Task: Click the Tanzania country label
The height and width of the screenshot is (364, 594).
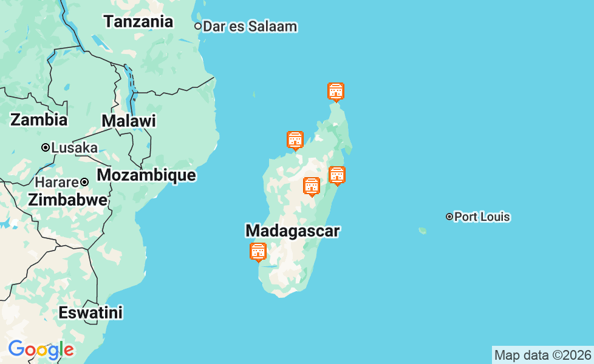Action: point(138,22)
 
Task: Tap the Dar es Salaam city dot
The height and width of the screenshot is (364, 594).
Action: point(198,26)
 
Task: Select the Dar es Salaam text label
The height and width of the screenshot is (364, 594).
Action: point(250,27)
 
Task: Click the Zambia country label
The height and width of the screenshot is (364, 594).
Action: point(39,120)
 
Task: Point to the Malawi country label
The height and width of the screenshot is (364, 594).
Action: point(129,121)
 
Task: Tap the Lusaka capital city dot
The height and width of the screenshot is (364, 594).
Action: point(45,147)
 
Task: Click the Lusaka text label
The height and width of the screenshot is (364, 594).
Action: point(75,148)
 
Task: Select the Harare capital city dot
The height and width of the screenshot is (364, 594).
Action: point(85,182)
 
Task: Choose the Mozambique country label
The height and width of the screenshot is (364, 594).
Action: point(146,175)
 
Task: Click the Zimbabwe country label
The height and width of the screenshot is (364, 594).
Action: point(67,200)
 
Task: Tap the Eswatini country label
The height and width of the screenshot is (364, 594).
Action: point(90,313)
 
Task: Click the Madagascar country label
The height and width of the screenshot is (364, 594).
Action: point(293,231)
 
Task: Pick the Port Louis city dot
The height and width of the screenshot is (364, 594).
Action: point(449,217)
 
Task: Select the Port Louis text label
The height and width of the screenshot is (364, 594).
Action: point(482,217)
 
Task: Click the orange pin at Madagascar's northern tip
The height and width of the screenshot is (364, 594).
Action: point(336,92)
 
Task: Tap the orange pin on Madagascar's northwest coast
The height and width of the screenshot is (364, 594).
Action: point(295,140)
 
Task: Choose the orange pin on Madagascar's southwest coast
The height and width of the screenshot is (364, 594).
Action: point(258,251)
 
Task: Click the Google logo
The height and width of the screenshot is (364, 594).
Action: point(41,349)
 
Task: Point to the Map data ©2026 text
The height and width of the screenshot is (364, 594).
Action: point(542,355)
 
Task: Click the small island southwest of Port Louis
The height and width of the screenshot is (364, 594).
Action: point(422,231)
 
